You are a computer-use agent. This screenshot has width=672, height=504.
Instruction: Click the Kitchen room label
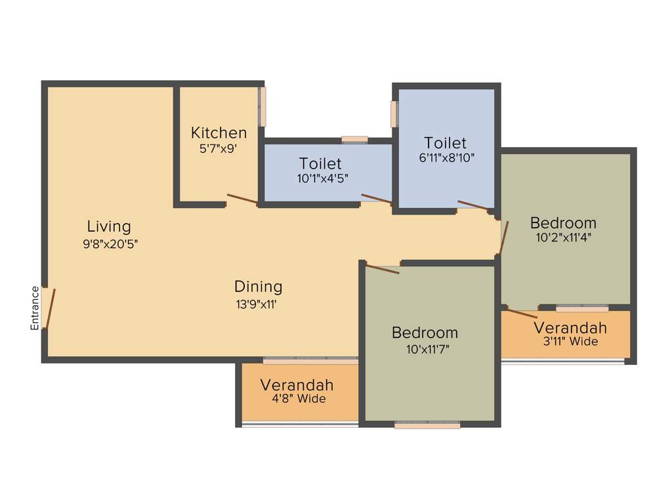click(x=219, y=133)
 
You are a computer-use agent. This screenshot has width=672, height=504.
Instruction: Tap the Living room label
click(x=109, y=227)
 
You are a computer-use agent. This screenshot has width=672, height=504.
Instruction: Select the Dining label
click(x=258, y=287)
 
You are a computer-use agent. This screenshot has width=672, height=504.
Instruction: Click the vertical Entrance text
click(x=35, y=308)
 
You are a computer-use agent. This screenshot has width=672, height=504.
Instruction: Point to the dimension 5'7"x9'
click(x=218, y=149)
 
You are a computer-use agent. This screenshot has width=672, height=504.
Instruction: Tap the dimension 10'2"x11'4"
click(x=563, y=238)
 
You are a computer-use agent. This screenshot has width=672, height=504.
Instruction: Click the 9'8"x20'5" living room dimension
click(x=109, y=243)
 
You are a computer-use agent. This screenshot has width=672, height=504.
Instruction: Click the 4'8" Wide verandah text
click(x=299, y=399)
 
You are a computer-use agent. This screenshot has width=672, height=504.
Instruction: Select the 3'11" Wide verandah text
click(x=570, y=341)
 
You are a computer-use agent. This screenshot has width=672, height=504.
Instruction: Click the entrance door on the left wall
click(x=49, y=308)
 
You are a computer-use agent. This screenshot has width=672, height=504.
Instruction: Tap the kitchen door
click(x=241, y=199)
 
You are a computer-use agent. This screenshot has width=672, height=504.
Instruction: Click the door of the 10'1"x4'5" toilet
click(x=376, y=199)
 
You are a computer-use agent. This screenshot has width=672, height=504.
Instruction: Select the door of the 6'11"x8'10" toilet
click(x=472, y=205)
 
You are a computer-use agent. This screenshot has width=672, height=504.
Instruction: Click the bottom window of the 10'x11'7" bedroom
click(x=427, y=425)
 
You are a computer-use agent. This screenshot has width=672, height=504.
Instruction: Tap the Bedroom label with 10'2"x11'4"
click(x=563, y=222)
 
